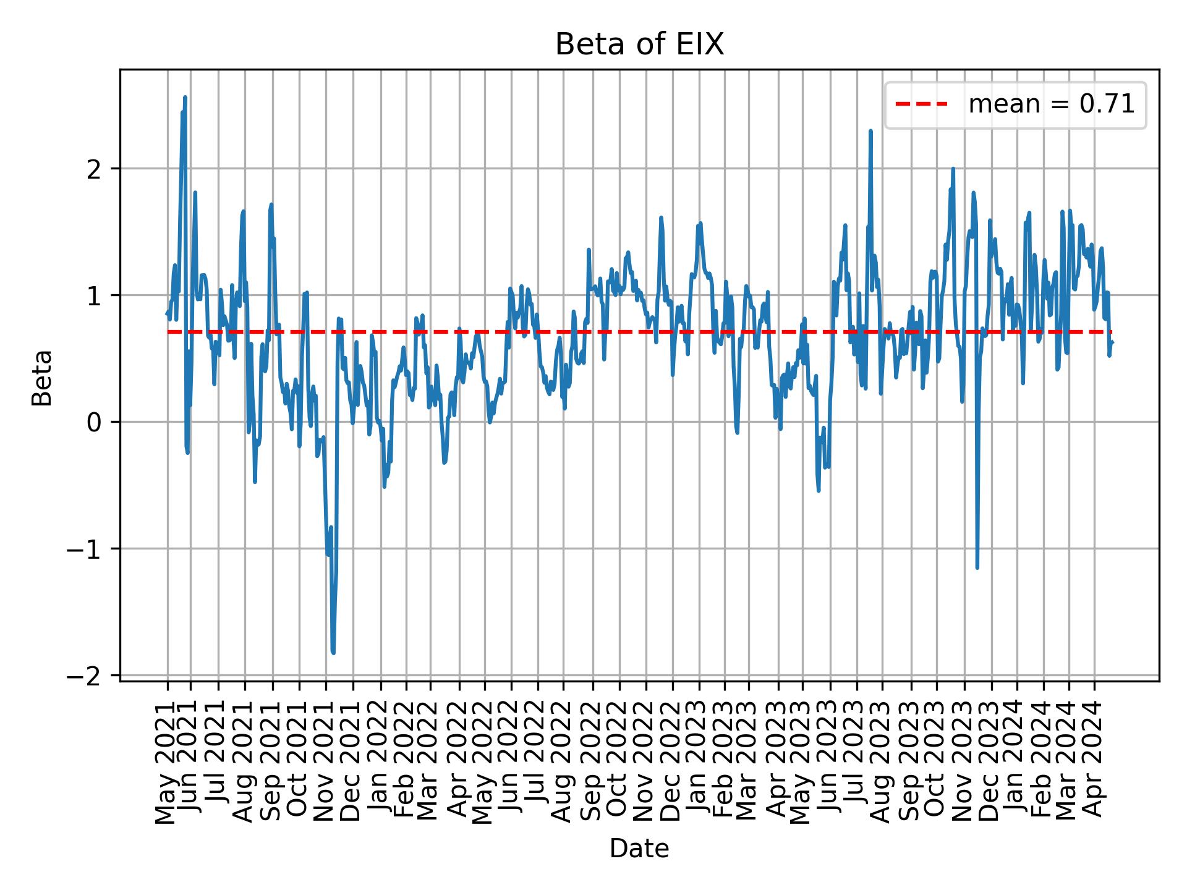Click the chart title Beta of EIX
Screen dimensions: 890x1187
click(639, 44)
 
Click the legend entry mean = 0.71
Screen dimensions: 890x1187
click(1051, 104)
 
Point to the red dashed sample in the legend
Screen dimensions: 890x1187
click(921, 104)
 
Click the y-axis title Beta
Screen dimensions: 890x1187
click(42, 378)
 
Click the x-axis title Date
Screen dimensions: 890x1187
click(639, 849)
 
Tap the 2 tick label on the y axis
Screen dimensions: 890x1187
click(94, 169)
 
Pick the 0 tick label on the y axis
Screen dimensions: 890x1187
click(94, 422)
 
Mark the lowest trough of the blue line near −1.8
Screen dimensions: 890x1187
click(333, 653)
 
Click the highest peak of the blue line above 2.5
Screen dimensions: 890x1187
click(185, 97)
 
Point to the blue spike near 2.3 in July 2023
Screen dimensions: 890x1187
click(870, 131)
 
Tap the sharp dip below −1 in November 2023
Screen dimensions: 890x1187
click(977, 567)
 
